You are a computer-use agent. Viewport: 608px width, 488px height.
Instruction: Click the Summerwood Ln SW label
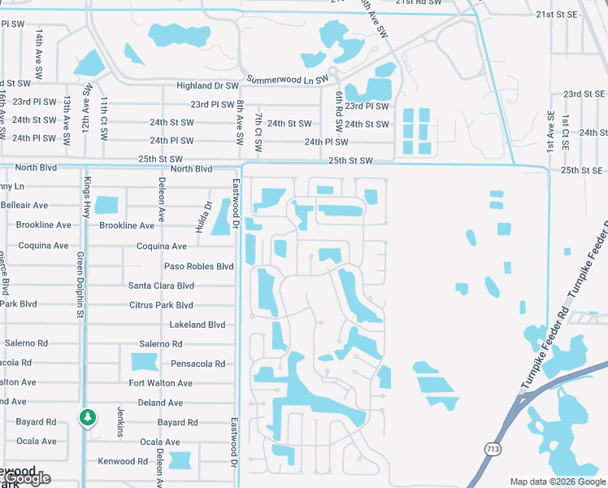pyautogui.click(x=286, y=79)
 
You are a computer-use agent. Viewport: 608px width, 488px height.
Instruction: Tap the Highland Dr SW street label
pyautogui.click(x=209, y=85)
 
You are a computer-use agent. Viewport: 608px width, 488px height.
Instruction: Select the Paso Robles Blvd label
pyautogui.click(x=199, y=266)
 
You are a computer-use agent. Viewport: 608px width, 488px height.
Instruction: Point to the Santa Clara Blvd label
pyautogui.click(x=162, y=285)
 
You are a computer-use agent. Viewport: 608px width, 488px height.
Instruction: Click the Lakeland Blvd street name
pyautogui.click(x=197, y=325)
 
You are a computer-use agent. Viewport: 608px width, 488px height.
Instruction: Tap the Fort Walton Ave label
pyautogui.click(x=161, y=383)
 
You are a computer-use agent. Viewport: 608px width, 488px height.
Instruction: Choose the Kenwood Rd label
pyautogui.click(x=123, y=461)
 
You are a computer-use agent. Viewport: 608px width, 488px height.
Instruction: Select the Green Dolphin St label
pyautogui.click(x=80, y=285)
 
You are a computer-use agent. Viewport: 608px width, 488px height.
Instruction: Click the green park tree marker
pyautogui.click(x=87, y=418)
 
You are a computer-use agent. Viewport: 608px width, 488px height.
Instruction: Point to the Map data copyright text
pyautogui.click(x=558, y=481)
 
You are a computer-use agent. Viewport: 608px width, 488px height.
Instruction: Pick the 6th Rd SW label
pyautogui.click(x=338, y=112)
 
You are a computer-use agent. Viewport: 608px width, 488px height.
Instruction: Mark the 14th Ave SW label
pyautogui.click(x=38, y=50)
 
